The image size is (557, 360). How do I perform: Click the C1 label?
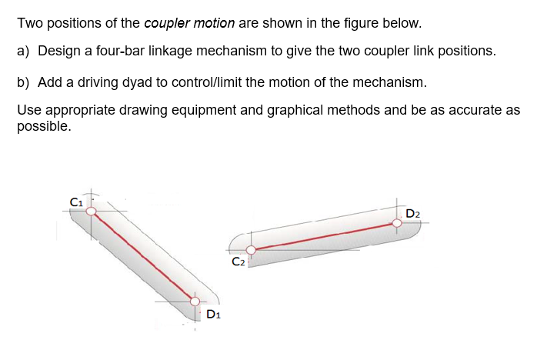coord(75,202)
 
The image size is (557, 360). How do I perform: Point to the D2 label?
coord(412,213)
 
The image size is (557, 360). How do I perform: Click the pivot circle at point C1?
coord(91,211)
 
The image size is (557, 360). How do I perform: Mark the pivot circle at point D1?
coord(195,301)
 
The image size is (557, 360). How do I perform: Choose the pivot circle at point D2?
coord(397,223)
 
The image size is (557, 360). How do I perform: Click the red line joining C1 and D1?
coord(143,256)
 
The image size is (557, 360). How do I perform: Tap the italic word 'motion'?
coord(214,22)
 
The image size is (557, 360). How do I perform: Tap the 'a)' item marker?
coord(23,51)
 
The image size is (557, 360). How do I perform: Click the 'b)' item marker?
coord(23,82)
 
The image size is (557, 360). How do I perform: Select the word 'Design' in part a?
coord(58,51)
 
